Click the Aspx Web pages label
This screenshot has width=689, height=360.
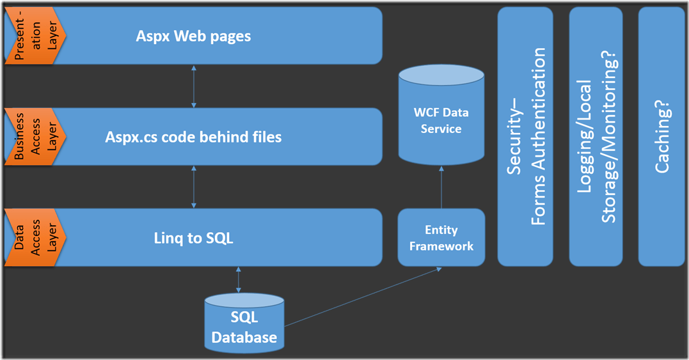(193, 36)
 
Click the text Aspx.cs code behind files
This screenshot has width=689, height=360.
(193, 137)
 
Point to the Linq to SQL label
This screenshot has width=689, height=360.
(193, 239)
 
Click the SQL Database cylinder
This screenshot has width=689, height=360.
(244, 323)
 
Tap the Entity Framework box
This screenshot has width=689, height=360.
(441, 237)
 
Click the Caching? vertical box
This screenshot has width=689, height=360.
(662, 136)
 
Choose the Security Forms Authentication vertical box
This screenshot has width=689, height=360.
(525, 136)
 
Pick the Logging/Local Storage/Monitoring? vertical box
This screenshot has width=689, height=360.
(596, 136)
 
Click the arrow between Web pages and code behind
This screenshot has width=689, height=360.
(193, 86)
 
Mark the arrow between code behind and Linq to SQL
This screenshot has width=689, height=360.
(193, 187)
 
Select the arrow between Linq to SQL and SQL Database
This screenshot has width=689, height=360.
(239, 281)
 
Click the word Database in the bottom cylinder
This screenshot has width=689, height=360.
(244, 337)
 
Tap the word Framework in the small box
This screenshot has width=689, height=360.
(441, 246)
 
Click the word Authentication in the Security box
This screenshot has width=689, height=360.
(539, 136)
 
